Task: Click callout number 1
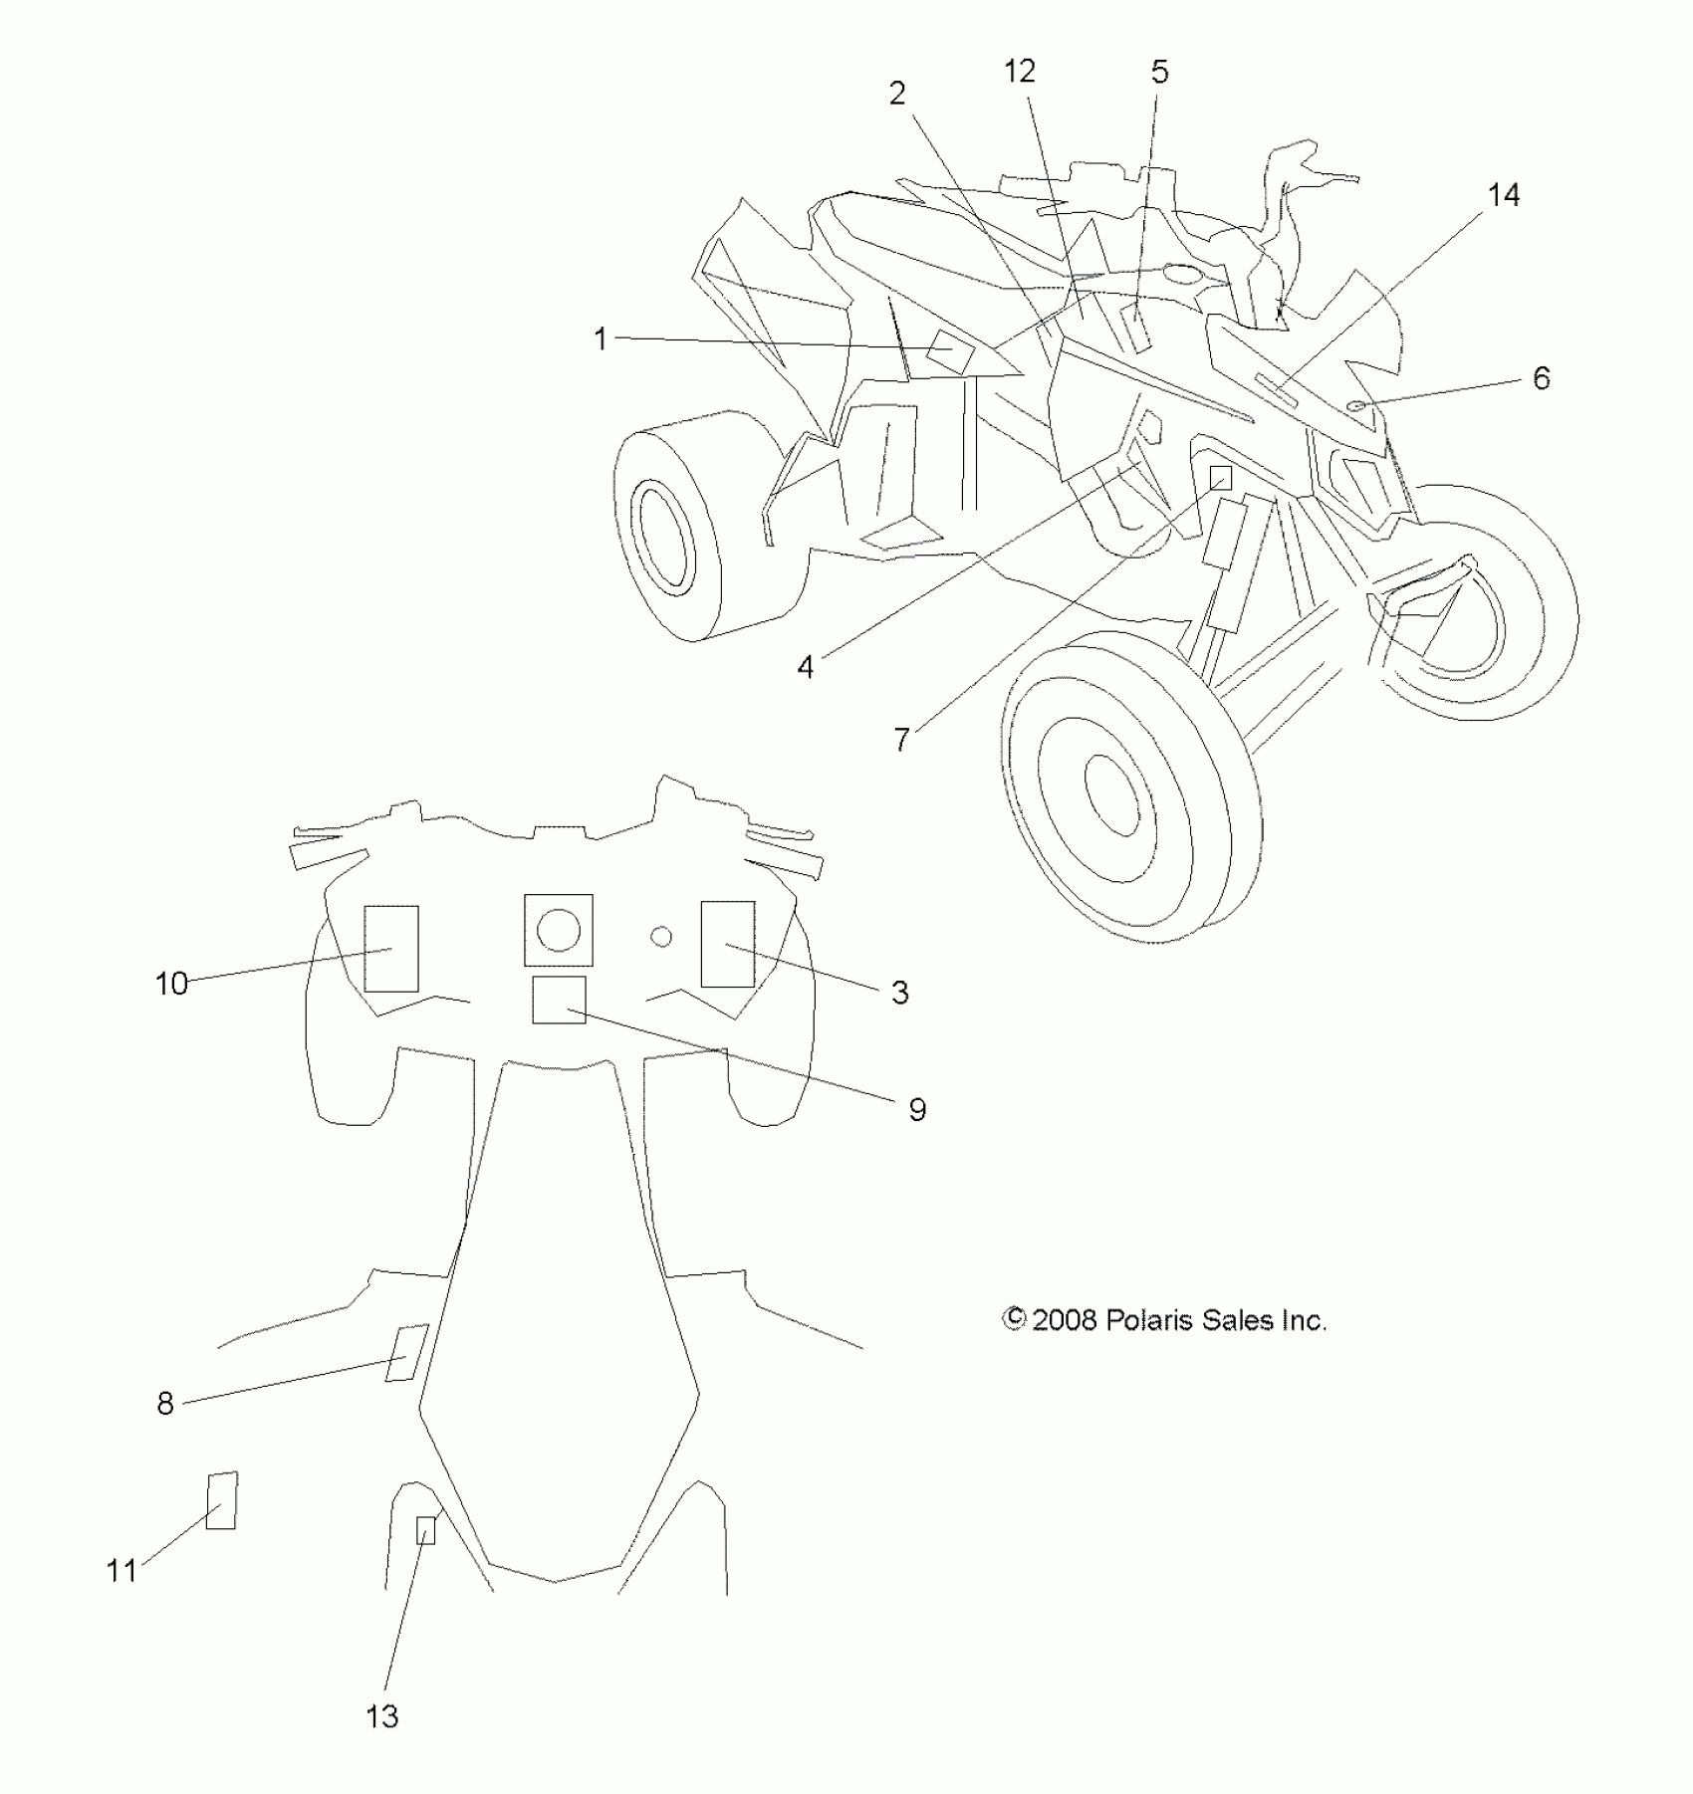pyautogui.click(x=600, y=339)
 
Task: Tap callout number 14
pyautogui.click(x=1503, y=196)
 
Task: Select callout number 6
pyautogui.click(x=1541, y=378)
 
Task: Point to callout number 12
pyautogui.click(x=1019, y=72)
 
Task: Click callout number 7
pyautogui.click(x=901, y=740)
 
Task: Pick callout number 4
pyautogui.click(x=805, y=667)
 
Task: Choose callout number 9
pyautogui.click(x=917, y=1109)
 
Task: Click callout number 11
pyautogui.click(x=121, y=1571)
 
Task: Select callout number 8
pyautogui.click(x=165, y=1404)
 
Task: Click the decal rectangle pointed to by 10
pyautogui.click(x=391, y=948)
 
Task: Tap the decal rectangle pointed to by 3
pyautogui.click(x=727, y=944)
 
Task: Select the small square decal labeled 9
pyautogui.click(x=559, y=1000)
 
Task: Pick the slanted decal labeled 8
pyautogui.click(x=406, y=1353)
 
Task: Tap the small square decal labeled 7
pyautogui.click(x=1220, y=479)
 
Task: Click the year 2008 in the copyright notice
pyautogui.click(x=1065, y=1320)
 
